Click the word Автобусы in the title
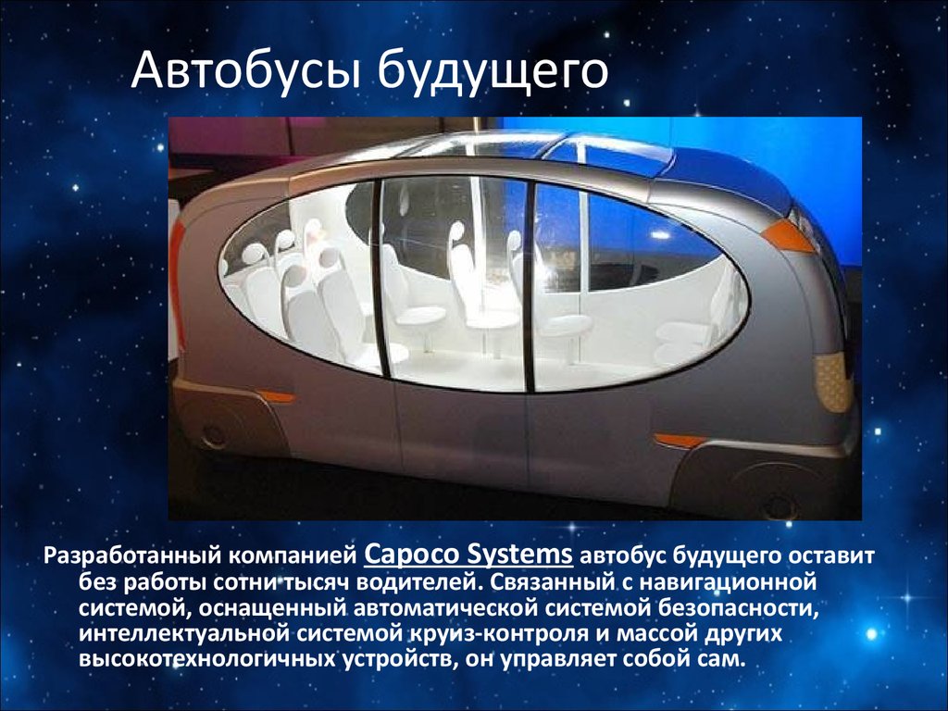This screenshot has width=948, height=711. click(x=245, y=70)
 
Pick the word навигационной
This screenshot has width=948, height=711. click(x=728, y=582)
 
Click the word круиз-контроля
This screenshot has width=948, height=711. click(x=502, y=633)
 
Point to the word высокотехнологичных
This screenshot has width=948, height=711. click(x=206, y=658)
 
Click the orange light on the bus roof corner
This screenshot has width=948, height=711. click(x=787, y=237)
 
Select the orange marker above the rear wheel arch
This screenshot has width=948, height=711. click(x=276, y=397)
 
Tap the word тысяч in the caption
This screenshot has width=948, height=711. click(x=313, y=581)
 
